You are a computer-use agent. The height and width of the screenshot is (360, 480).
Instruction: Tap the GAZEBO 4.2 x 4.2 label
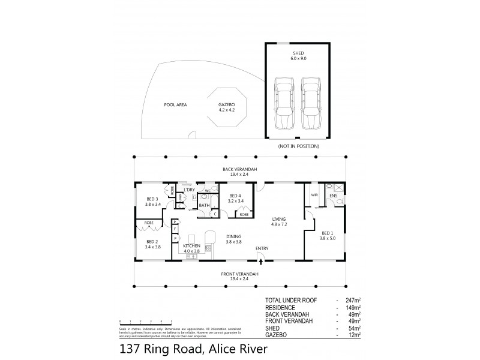pyautogui.click(x=229, y=107)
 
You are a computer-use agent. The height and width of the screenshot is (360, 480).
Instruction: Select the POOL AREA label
pyautogui.click(x=175, y=104)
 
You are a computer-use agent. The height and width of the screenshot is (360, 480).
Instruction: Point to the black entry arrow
pyautogui.click(x=260, y=259)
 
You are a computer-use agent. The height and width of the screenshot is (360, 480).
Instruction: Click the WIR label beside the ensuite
pyautogui.click(x=314, y=194)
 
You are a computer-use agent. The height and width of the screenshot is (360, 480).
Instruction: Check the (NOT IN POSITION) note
pyautogui.click(x=298, y=146)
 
